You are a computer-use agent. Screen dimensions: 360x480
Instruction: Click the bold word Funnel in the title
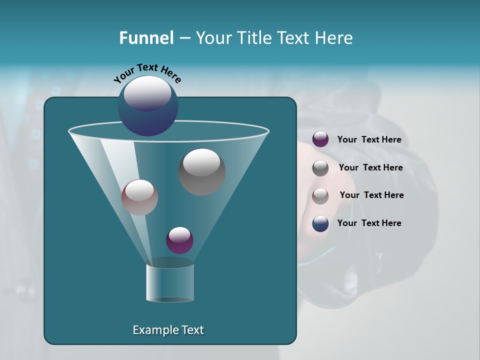[x=146, y=38]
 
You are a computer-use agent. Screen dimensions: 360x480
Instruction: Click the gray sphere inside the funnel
[x=202, y=172]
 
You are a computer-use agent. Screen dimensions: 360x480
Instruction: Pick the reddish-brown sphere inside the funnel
[x=139, y=198]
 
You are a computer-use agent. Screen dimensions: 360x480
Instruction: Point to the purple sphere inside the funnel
[x=179, y=240]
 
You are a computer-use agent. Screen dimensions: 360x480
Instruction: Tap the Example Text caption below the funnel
[x=168, y=330]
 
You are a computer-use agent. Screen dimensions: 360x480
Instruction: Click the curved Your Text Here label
[x=147, y=72]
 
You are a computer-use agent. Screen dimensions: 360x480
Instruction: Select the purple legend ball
[x=320, y=139]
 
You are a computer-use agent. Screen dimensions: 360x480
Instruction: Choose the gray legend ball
[x=320, y=168]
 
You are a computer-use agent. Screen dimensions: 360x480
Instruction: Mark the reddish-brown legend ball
[x=320, y=196]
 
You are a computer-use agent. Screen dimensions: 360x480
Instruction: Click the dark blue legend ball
[x=320, y=223]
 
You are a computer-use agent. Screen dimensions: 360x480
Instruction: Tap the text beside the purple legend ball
[x=369, y=140]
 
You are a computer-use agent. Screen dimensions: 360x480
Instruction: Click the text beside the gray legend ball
[x=370, y=168]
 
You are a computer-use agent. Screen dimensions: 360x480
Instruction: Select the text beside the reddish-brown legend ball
[x=371, y=195]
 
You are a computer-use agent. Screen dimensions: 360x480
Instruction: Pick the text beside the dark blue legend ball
[x=369, y=223]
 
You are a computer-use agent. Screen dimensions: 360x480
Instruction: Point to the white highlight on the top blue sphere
[x=147, y=93]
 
